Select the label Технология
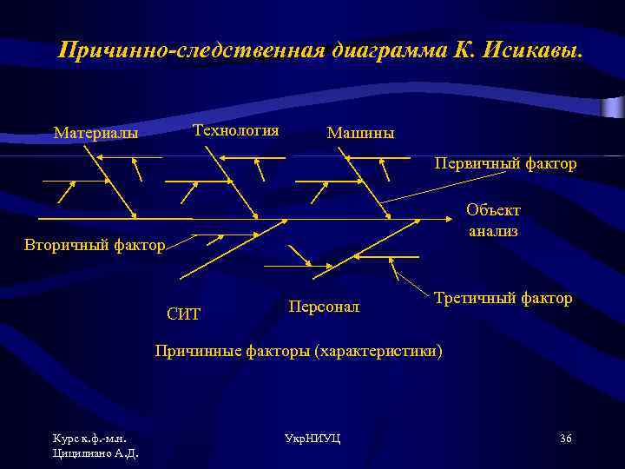click(235, 130)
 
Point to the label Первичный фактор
click(505, 163)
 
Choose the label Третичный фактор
click(503, 298)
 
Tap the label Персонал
click(324, 307)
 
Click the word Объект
click(493, 210)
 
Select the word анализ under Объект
click(493, 231)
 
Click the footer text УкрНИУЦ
click(312, 438)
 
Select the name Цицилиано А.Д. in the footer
click(95, 452)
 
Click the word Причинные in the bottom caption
click(192, 351)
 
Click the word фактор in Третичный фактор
click(547, 298)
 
